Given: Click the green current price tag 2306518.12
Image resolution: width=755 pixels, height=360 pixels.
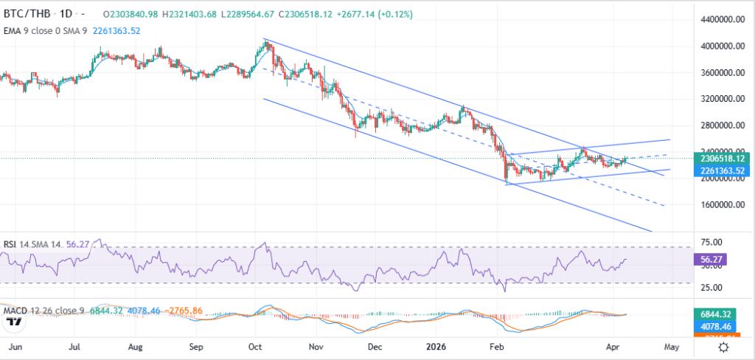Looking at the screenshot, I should click(721, 158).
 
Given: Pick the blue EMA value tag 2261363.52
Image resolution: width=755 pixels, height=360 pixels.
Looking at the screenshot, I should click(721, 170).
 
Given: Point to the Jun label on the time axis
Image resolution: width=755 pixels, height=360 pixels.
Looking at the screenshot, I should click(15, 346).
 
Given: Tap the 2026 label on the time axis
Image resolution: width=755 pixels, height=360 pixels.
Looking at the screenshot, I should click(437, 346).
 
